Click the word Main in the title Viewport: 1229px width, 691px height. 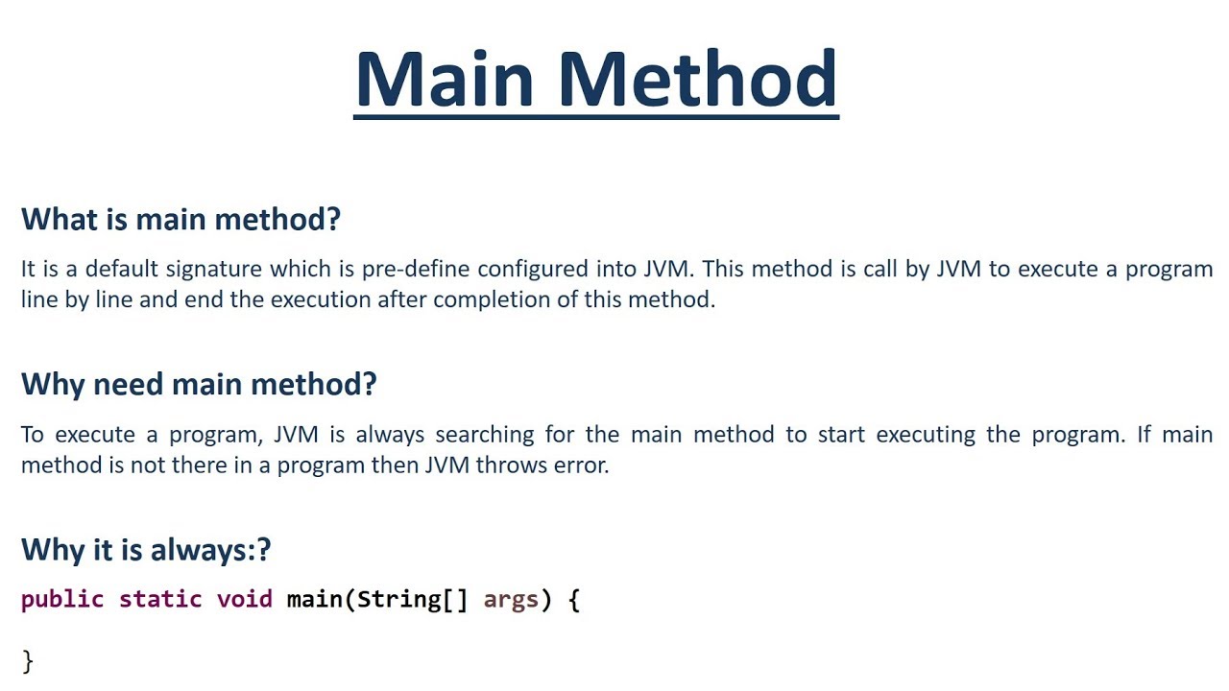(447, 79)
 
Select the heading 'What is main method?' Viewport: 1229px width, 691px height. (181, 219)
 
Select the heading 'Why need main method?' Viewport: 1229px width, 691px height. (199, 384)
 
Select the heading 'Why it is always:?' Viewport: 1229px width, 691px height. (146, 550)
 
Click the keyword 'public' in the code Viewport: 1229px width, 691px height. (62, 600)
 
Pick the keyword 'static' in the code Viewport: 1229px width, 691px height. (160, 600)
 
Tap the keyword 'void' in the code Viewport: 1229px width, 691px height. (245, 600)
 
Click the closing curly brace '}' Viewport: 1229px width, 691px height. (28, 660)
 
